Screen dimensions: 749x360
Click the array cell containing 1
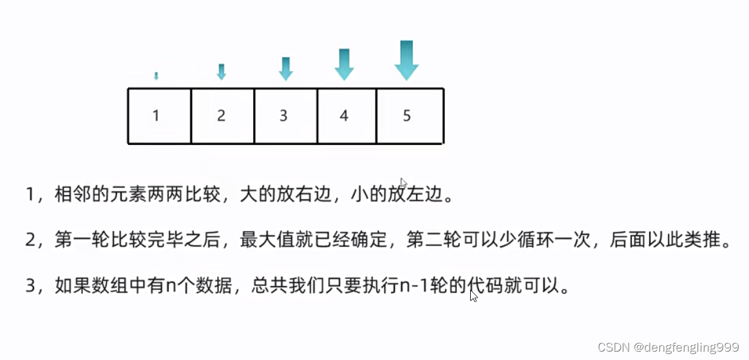point(160,116)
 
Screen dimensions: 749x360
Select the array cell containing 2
point(223,116)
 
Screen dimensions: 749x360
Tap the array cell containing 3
point(286,116)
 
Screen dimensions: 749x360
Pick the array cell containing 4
point(347,116)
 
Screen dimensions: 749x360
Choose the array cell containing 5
point(410,116)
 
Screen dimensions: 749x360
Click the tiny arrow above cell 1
point(156,76)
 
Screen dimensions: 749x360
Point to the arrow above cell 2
point(221,71)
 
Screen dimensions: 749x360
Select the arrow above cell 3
point(286,69)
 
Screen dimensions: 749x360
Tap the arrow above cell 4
point(344,64)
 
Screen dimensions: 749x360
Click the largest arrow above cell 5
point(406,61)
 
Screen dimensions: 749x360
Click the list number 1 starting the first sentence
point(30,196)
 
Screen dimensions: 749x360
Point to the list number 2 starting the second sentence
point(31,241)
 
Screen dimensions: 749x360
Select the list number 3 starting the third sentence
point(31,287)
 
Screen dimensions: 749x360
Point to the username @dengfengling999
point(686,348)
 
